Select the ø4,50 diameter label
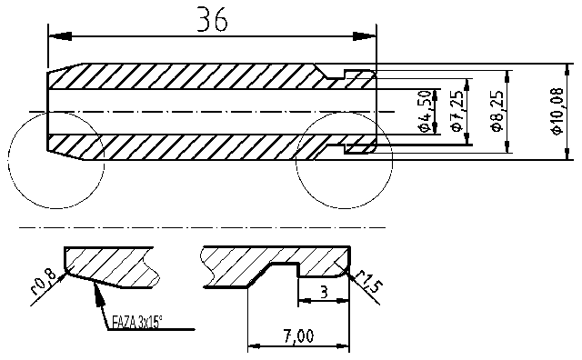[x=424, y=111]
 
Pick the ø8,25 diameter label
[x=497, y=112]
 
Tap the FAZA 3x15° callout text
[x=141, y=322]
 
